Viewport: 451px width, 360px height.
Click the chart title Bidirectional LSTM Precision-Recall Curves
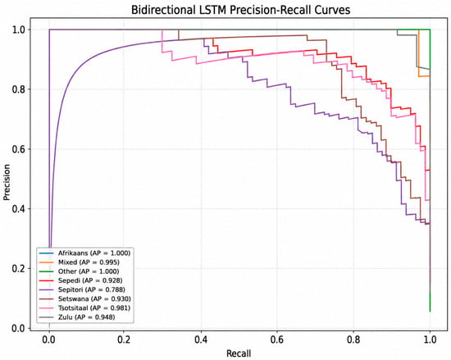click(x=241, y=10)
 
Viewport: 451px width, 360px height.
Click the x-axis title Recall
click(x=239, y=353)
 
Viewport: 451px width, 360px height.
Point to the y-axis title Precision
click(x=7, y=182)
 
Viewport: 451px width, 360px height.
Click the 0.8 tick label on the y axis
click(x=19, y=89)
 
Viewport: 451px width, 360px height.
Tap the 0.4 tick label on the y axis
click(x=19, y=209)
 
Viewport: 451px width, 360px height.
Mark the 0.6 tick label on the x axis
click(x=277, y=339)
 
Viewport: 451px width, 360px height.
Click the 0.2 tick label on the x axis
click(x=125, y=339)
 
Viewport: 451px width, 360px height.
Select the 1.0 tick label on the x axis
click(x=430, y=339)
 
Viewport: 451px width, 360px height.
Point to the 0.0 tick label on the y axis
click(x=19, y=328)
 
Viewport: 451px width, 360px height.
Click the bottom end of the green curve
click(x=430, y=312)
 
